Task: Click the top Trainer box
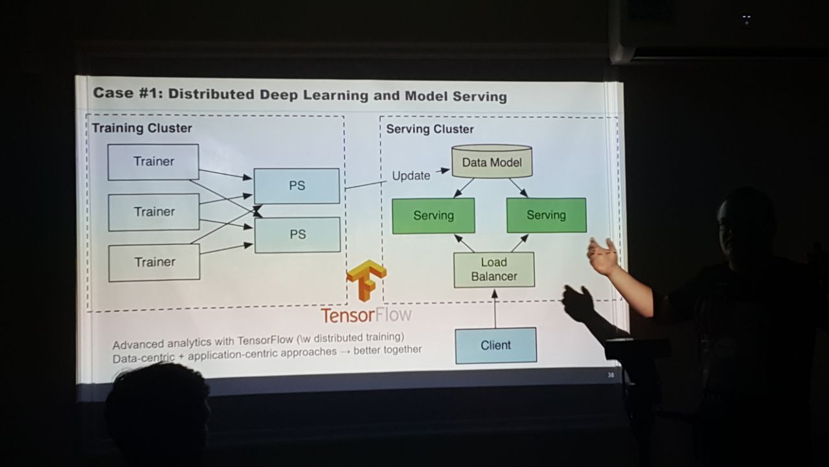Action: point(153,162)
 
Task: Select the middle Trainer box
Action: point(154,212)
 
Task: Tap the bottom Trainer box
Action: point(154,262)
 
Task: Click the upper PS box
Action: point(297,186)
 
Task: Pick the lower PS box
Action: point(297,235)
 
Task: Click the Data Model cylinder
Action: point(492,162)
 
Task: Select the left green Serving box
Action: point(433,216)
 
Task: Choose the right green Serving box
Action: point(547,215)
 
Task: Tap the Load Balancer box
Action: point(494,269)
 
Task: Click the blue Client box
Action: point(496,346)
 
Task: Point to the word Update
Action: point(411,176)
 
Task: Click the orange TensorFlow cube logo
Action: point(367,280)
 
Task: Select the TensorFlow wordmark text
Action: point(366,315)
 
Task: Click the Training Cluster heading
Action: point(142,128)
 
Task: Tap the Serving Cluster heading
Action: point(430,129)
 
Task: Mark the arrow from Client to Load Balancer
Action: point(495,308)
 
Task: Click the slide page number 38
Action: point(611,375)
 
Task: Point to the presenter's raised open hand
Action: point(602,256)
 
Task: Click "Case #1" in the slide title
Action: point(128,93)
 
